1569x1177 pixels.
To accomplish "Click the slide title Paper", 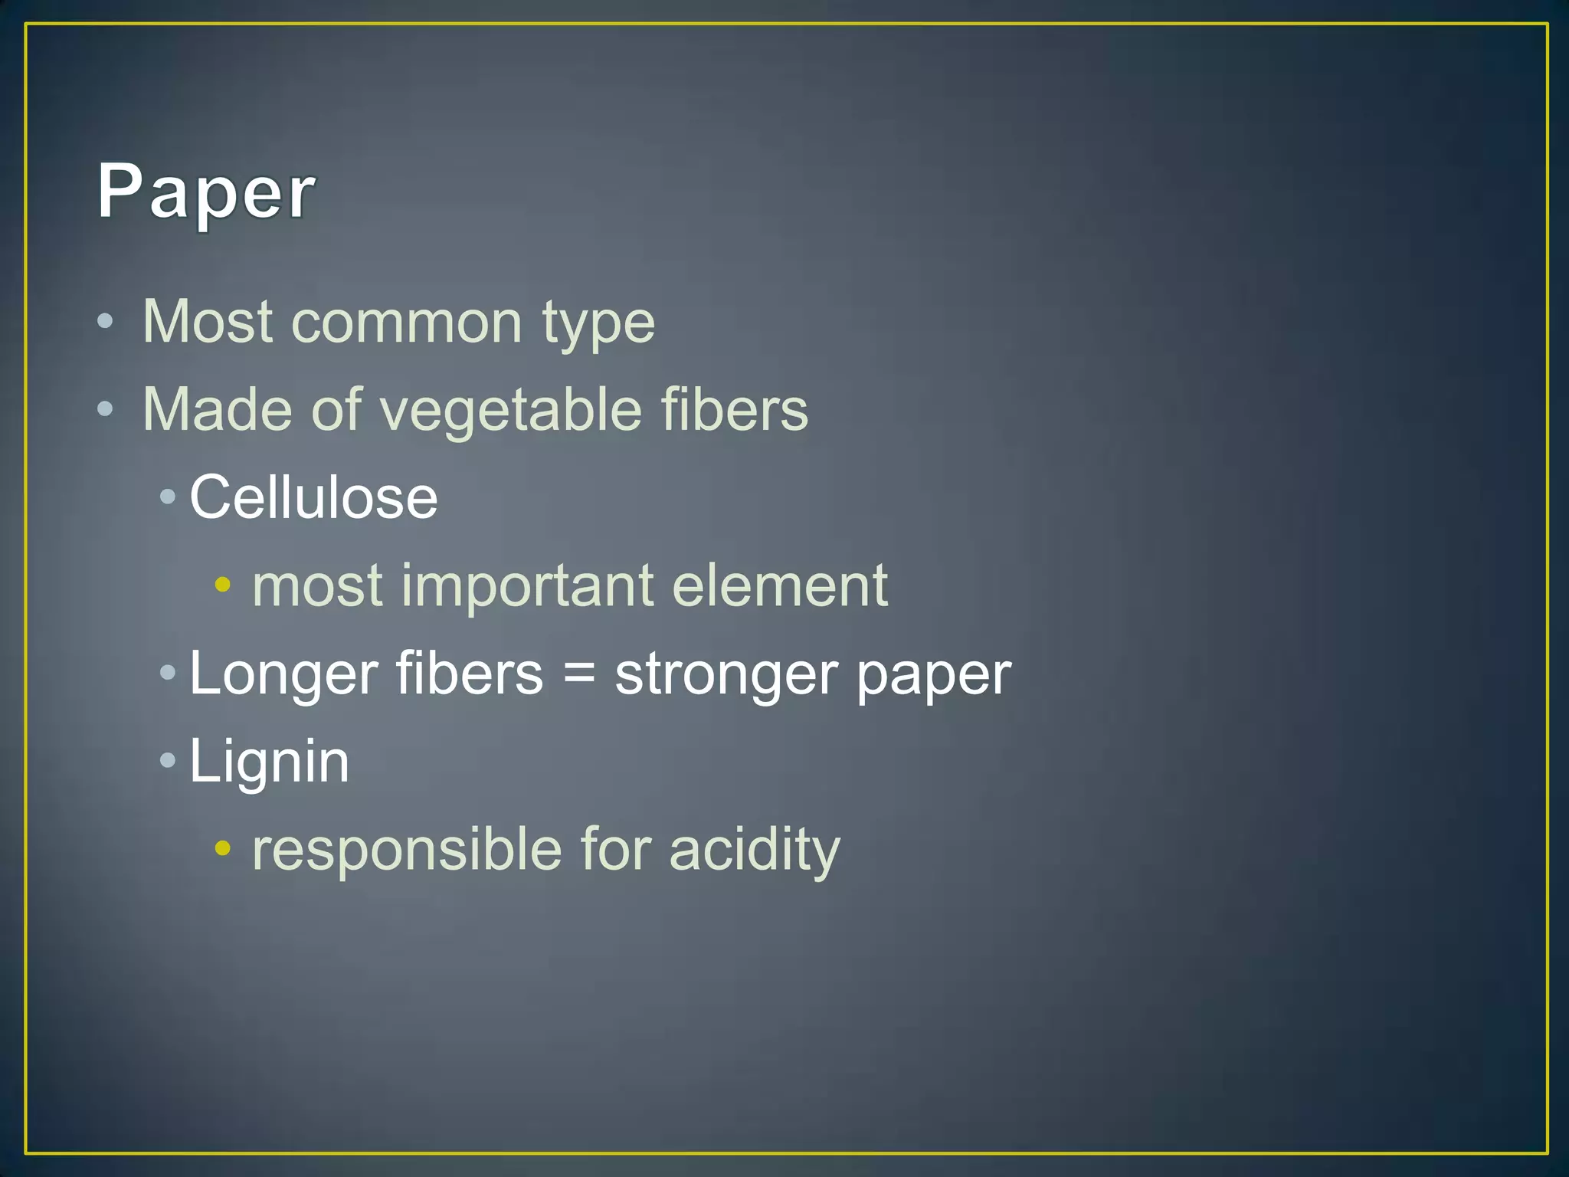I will tap(205, 192).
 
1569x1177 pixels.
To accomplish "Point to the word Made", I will tap(217, 409).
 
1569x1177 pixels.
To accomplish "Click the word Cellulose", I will tap(313, 497).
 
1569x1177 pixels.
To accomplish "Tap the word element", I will tap(779, 585).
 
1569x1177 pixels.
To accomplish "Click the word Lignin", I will tap(269, 762).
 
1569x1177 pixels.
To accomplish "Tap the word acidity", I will tap(755, 850).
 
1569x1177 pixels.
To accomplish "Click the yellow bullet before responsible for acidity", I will tap(222, 848).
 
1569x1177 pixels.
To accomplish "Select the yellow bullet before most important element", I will tap(222, 585).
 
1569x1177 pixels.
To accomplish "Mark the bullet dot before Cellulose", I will tap(168, 497).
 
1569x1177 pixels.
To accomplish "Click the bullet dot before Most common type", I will tap(106, 321).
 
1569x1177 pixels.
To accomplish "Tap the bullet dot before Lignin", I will tap(168, 761).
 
